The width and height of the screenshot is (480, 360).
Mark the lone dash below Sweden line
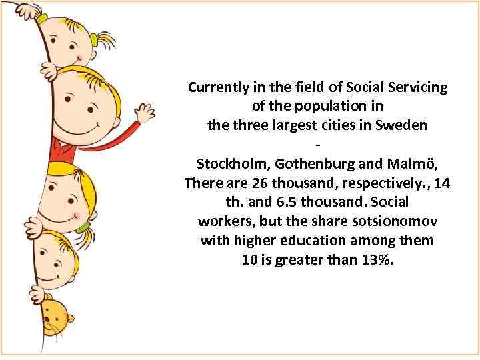coord(317,145)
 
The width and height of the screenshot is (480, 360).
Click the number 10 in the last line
coord(249,260)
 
